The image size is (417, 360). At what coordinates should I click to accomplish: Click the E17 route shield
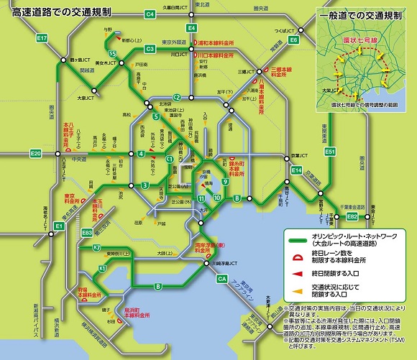[x=42, y=37]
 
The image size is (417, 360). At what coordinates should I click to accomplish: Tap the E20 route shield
[x=35, y=154]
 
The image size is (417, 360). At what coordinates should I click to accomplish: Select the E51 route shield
[x=330, y=152]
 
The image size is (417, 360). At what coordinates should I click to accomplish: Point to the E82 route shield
[x=352, y=216]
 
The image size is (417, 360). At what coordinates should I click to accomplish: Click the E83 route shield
[x=87, y=233]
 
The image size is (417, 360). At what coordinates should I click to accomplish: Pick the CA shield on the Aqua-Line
[x=221, y=278]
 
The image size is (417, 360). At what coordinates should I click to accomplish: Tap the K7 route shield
[x=96, y=248]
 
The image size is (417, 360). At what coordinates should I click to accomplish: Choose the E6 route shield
[x=293, y=40]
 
